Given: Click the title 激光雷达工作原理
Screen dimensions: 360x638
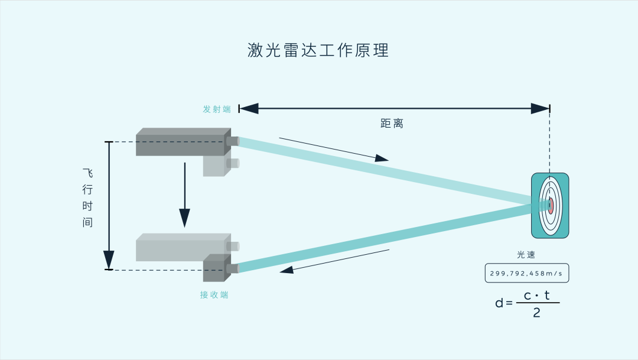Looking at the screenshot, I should click(318, 50).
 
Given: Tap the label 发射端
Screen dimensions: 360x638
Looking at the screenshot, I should click(217, 109).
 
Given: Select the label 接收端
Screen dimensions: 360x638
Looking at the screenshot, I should click(214, 295).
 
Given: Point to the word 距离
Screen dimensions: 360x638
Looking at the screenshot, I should click(392, 124).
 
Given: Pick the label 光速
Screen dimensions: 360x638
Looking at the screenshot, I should click(526, 255).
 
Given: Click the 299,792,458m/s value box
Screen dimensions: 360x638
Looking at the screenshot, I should click(526, 273).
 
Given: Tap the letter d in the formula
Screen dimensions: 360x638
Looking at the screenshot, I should click(499, 303).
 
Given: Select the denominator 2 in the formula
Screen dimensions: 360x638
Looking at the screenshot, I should click(536, 313).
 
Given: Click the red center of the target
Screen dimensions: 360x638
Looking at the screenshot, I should click(551, 206).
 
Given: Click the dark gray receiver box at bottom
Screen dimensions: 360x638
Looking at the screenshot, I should click(216, 268).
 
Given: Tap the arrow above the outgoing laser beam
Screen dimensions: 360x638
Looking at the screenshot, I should click(334, 149).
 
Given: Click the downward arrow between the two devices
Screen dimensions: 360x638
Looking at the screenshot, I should click(185, 195).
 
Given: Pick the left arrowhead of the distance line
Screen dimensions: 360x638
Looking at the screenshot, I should click(249, 108).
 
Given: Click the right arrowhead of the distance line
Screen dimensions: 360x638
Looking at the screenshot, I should click(540, 108).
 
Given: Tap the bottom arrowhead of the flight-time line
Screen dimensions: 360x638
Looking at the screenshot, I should click(109, 260).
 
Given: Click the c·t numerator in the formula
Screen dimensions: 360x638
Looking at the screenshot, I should click(536, 296).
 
